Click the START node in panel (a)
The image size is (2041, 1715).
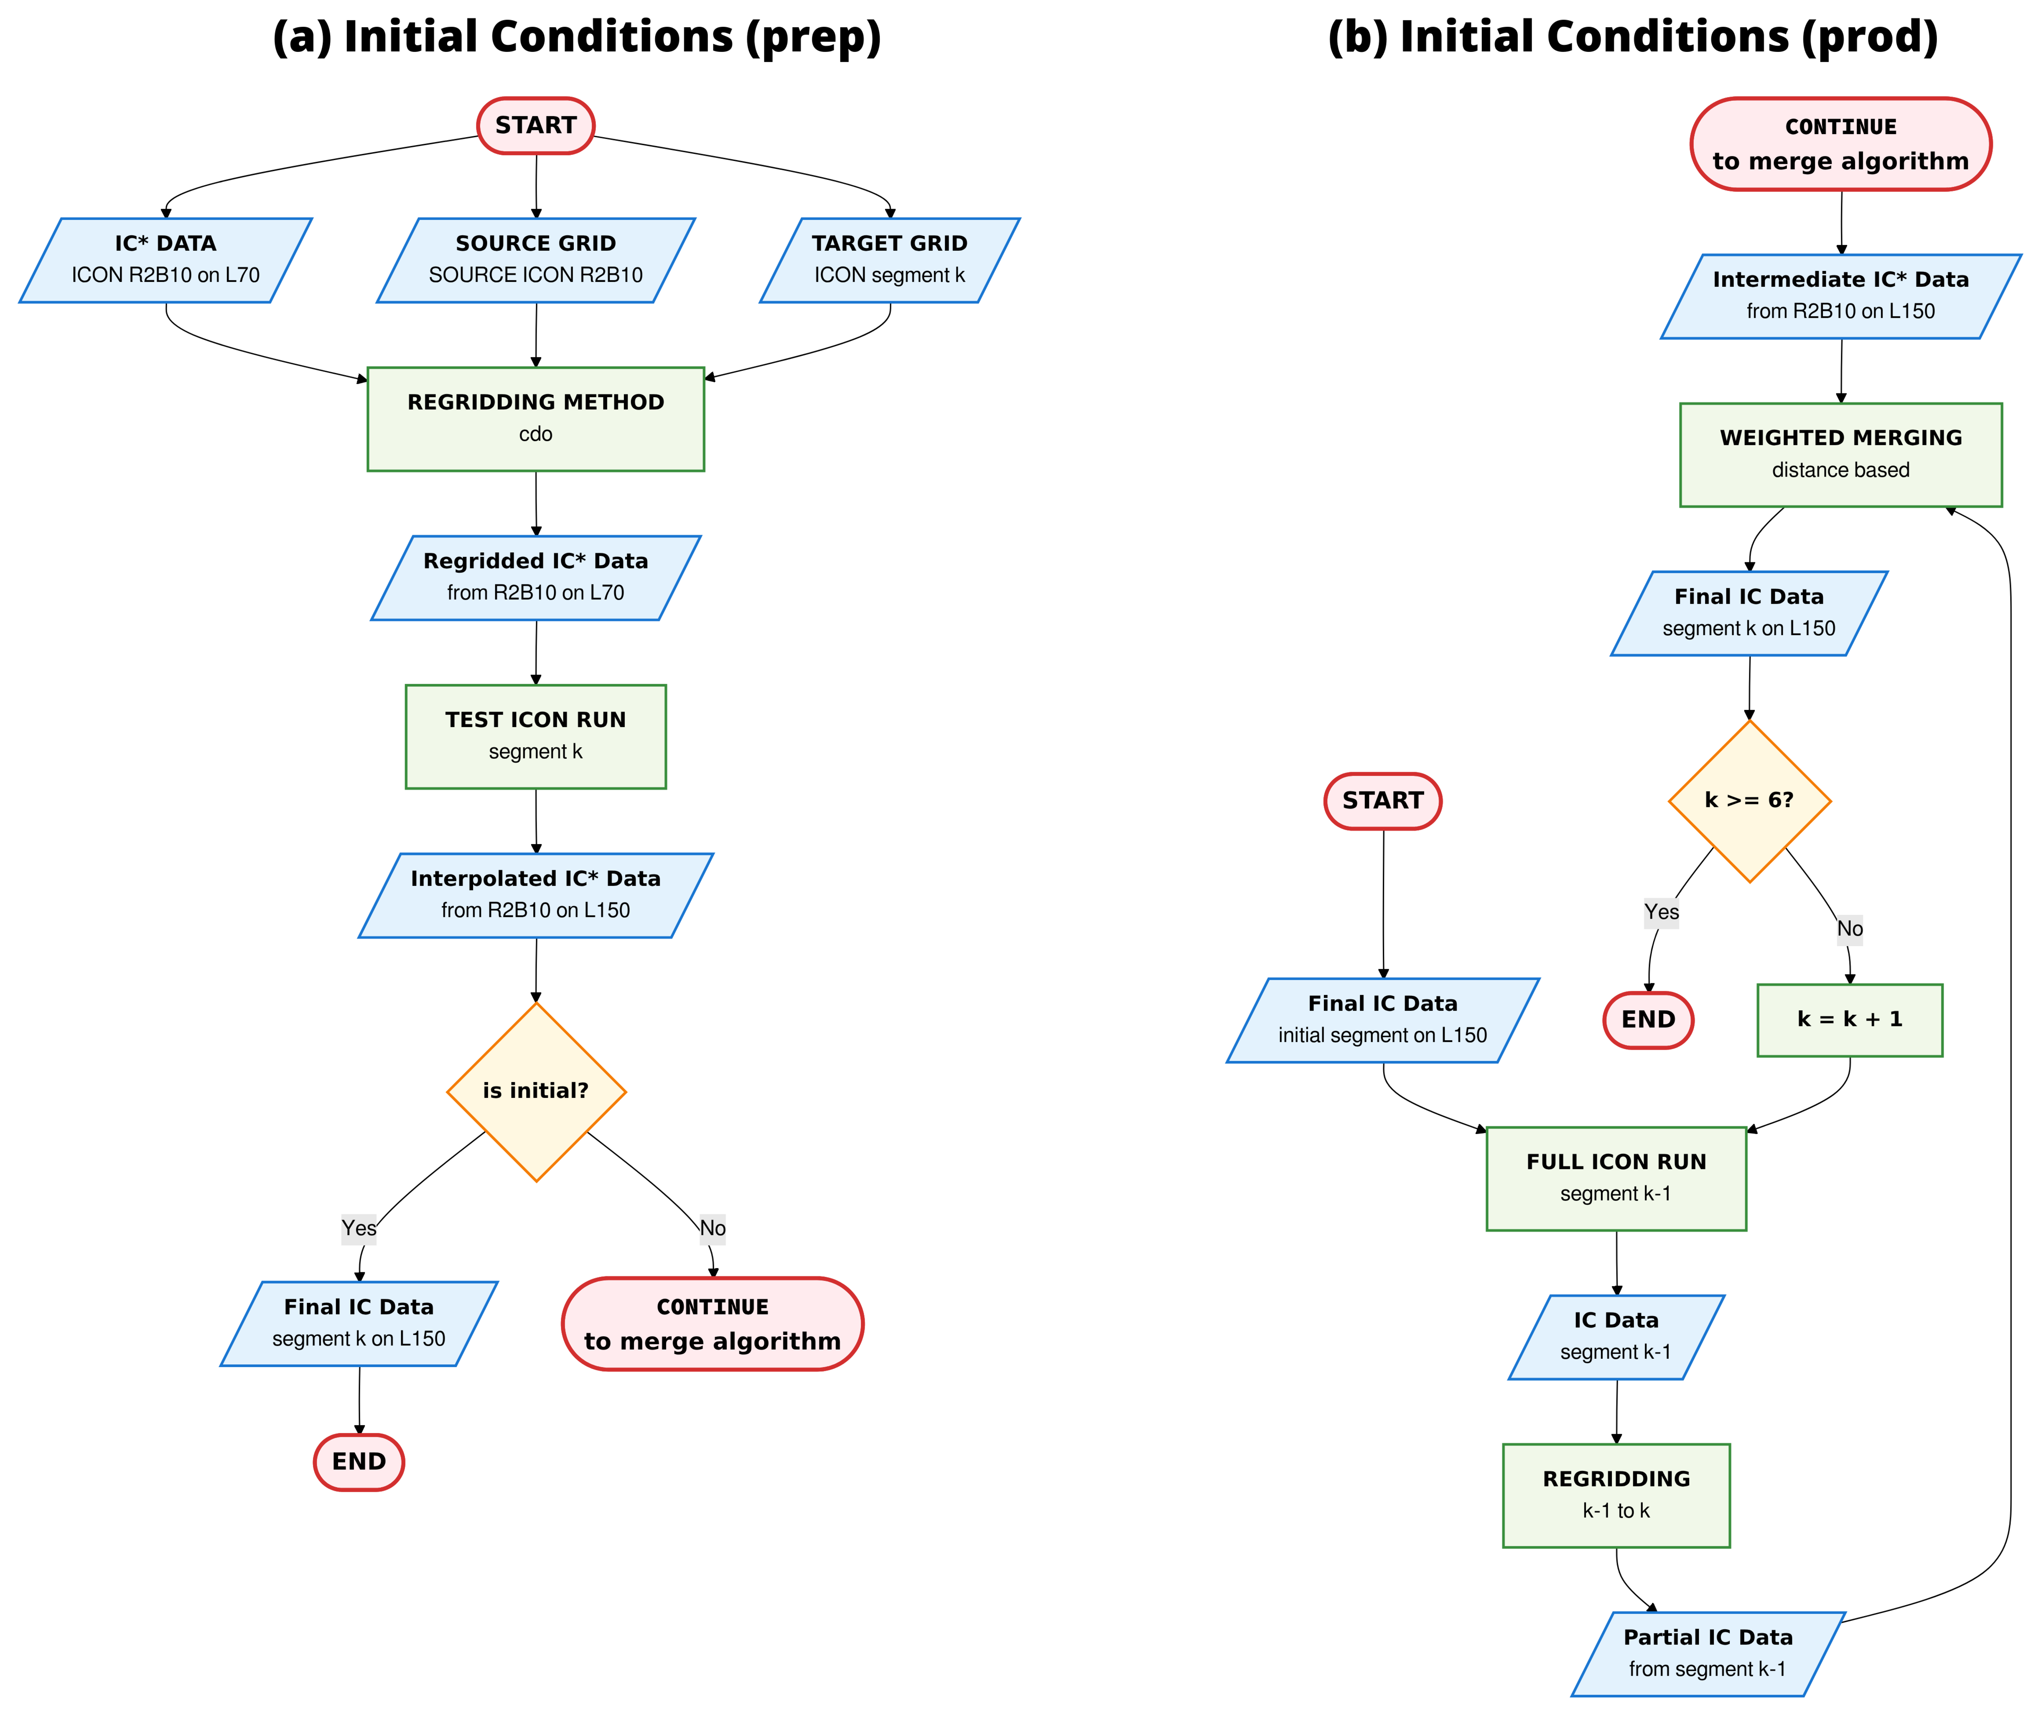coord(535,125)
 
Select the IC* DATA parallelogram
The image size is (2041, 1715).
coord(165,260)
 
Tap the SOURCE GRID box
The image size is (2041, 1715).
coord(535,260)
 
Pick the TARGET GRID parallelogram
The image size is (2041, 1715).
coord(889,260)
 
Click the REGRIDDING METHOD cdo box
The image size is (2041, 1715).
coord(535,419)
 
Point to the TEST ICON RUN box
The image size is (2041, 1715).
coord(535,736)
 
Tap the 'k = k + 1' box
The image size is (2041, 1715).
coord(1850,1020)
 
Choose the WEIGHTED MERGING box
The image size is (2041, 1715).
coord(1841,454)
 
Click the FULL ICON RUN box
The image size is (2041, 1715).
coord(1616,1178)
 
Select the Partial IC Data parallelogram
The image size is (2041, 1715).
coord(1708,1654)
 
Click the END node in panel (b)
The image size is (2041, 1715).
coord(1648,1020)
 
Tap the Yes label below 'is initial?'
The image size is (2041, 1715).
coord(359,1228)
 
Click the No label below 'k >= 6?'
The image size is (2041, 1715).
coord(1850,929)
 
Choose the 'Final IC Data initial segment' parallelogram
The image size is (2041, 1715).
coord(1383,1020)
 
